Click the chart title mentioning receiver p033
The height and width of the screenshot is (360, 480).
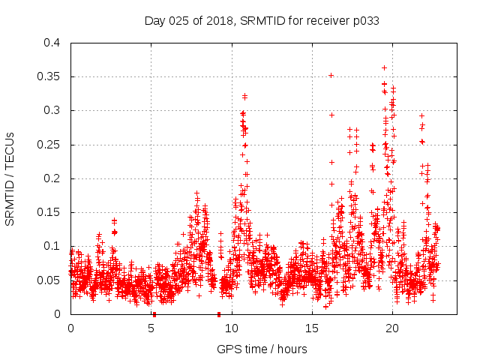click(262, 20)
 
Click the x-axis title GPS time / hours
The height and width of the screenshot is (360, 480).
click(262, 349)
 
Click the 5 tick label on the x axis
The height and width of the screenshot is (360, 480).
click(151, 328)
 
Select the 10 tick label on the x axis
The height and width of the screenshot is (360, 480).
click(232, 328)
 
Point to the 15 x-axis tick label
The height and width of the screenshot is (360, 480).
click(312, 328)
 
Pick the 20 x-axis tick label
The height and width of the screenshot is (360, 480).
click(392, 328)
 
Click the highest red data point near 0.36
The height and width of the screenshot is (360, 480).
click(385, 67)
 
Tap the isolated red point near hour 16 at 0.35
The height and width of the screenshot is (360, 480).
click(331, 75)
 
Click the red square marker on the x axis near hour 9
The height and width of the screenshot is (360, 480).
click(218, 313)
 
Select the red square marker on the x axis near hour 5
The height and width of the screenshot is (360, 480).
click(154, 313)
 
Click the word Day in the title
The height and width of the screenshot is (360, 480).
click(154, 20)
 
